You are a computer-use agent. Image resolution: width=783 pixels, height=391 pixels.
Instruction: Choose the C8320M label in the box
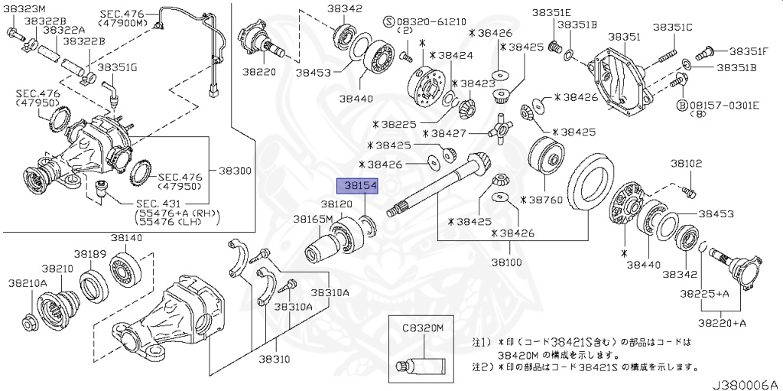click(x=423, y=327)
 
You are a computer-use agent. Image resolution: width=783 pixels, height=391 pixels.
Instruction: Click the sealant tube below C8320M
click(x=420, y=366)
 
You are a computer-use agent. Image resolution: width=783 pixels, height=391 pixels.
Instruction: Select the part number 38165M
click(x=313, y=219)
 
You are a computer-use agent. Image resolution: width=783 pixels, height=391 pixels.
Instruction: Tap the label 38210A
click(x=28, y=283)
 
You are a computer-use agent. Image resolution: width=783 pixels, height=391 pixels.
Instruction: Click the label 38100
click(x=506, y=262)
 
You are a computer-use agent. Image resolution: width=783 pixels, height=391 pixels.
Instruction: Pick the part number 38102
click(x=687, y=163)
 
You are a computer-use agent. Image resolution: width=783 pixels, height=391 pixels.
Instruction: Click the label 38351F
click(x=748, y=51)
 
